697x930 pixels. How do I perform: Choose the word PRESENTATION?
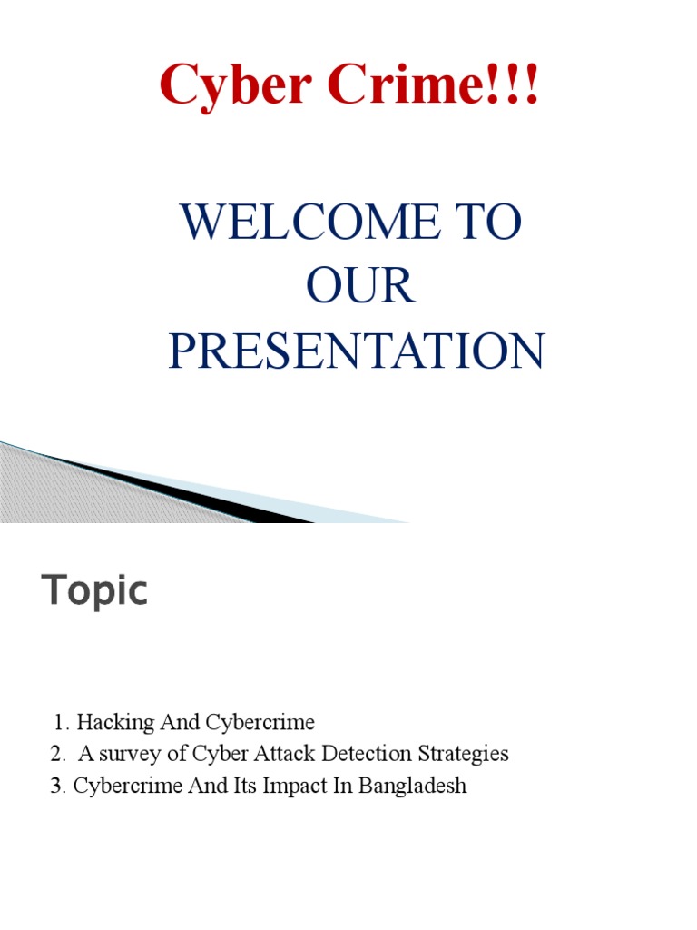357,351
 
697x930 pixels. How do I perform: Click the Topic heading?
94,592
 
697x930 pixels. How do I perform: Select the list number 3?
54,786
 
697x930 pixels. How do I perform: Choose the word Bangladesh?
413,786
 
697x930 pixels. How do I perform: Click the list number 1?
60,723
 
